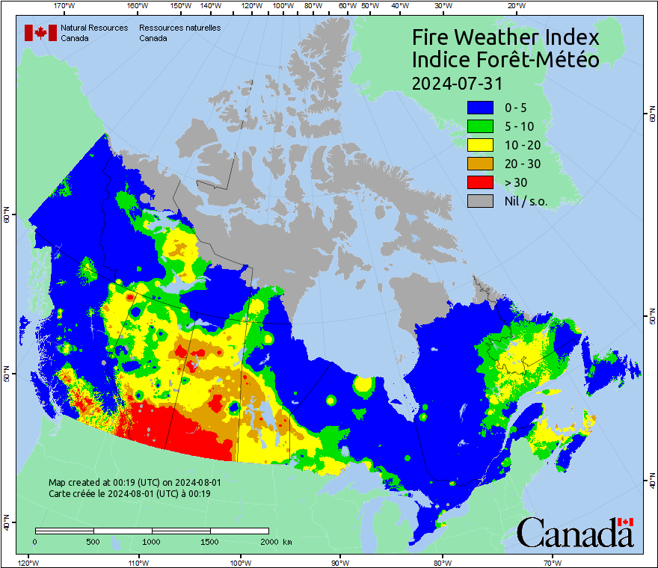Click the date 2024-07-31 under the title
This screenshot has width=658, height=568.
pos(457,82)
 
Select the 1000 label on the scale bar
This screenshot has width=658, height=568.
pos(152,541)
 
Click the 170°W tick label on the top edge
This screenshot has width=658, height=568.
pos(65,6)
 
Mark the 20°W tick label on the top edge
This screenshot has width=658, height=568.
pos(514,6)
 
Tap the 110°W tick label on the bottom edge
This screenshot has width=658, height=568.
pos(138,562)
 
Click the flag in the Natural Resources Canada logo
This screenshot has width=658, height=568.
pos(41,33)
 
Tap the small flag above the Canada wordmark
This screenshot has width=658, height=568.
pos(626,522)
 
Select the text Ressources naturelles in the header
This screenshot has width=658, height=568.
pos(179,28)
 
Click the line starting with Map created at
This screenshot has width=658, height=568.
pos(135,483)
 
